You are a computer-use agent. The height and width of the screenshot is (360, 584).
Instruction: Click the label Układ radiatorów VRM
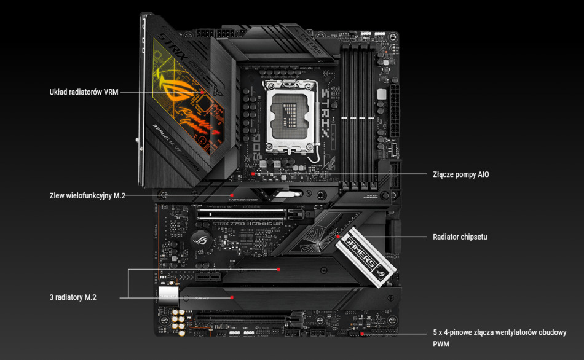coord(84,92)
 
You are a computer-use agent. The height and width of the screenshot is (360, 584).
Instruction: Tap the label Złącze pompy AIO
coord(461,174)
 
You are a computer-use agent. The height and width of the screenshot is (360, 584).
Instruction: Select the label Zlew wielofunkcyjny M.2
coord(87,196)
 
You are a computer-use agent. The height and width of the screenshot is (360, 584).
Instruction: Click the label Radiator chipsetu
coord(460,237)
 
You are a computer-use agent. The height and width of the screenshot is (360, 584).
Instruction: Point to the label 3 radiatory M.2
coord(73,297)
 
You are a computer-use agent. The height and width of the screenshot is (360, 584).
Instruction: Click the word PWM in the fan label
coord(442,344)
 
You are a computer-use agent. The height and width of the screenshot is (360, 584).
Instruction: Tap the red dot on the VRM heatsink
coord(203,92)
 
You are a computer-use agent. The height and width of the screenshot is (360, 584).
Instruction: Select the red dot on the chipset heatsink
coord(338,236)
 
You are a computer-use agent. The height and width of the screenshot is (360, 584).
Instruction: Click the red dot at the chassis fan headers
coord(363,334)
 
